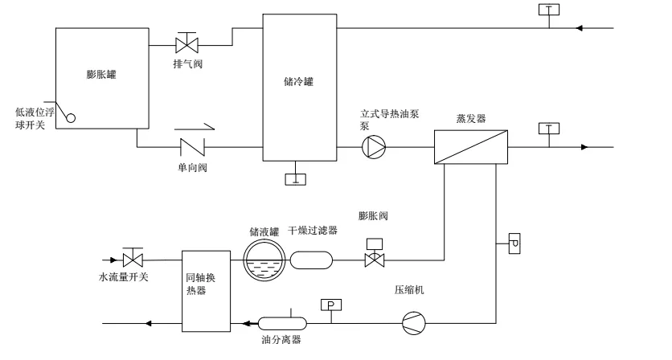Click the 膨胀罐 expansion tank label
tap(101, 75)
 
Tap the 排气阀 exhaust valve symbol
tap(186, 43)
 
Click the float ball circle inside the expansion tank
tap(71, 118)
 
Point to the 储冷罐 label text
tap(299, 81)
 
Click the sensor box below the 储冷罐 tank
tap(296, 179)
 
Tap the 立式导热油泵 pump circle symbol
tap(374, 147)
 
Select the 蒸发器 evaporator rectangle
tap(471, 147)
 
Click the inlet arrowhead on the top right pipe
tap(579, 28)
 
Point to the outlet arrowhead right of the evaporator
tap(584, 147)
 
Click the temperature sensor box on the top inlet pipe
tap(549, 10)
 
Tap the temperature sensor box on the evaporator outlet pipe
tap(549, 129)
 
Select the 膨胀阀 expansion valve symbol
tap(375, 253)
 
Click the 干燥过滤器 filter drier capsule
tap(311, 260)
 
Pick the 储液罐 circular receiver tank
tap(264, 260)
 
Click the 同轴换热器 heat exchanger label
tap(201, 284)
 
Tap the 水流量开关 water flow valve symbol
tap(133, 258)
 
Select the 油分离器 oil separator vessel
tap(282, 323)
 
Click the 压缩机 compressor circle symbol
tap(414, 323)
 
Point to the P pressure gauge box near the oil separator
tap(331, 305)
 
